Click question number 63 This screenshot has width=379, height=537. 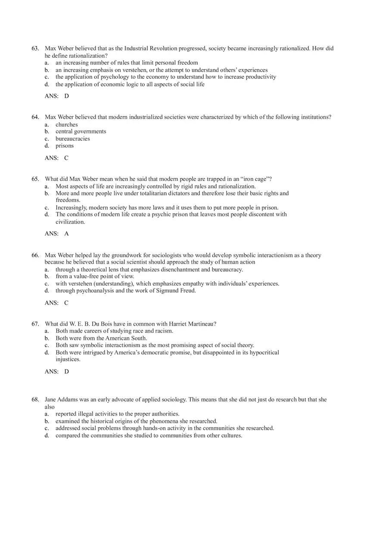coord(35,48)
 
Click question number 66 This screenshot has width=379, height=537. coord(35,255)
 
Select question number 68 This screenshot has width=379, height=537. coord(35,400)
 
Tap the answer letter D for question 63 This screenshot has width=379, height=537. coord(66,96)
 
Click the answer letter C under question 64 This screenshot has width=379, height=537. coord(66,158)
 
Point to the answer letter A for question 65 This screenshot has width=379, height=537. coord(66,234)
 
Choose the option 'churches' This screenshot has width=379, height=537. coord(66,124)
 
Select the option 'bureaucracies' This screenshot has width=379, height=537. coord(72,139)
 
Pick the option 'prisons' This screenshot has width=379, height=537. coord(65,146)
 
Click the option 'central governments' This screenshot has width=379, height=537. coord(81,131)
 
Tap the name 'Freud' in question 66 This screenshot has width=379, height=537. coord(187,291)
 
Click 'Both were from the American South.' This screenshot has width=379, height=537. coord(101,338)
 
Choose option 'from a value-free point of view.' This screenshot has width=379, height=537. coord(95,276)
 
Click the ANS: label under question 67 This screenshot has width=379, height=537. coord(51,372)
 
